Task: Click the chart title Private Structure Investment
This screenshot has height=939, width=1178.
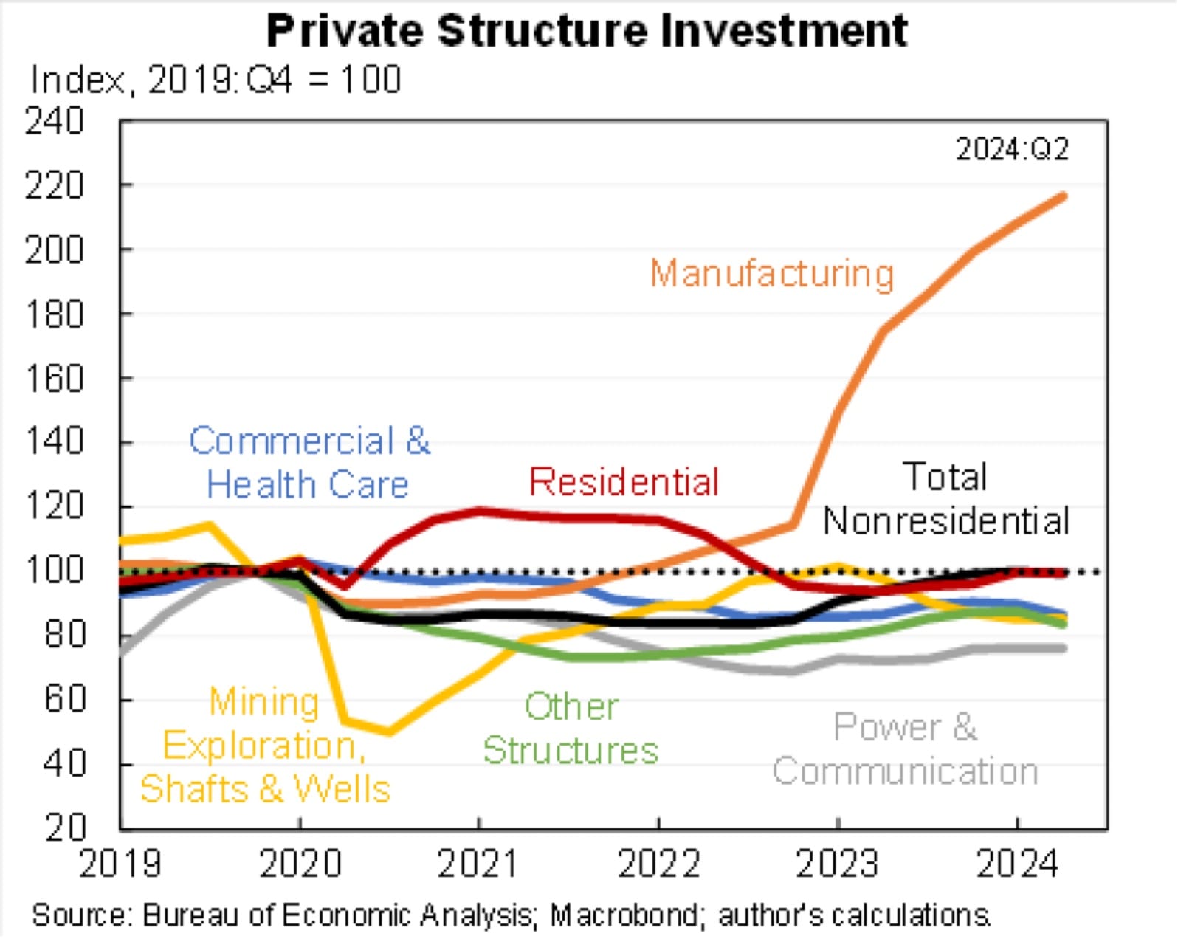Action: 587,31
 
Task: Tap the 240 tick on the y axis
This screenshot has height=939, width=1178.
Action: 54,121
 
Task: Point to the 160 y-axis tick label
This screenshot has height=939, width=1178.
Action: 54,379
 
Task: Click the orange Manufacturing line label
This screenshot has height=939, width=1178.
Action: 772,274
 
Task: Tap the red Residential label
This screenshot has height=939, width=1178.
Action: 624,482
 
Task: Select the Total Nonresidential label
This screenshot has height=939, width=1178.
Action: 946,499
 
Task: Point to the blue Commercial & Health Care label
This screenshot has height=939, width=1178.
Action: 309,463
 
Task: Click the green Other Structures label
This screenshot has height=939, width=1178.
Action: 571,729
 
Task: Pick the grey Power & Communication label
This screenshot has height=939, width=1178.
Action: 906,749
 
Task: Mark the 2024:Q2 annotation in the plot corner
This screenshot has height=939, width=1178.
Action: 1012,150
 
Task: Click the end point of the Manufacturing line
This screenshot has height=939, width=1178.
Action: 1064,196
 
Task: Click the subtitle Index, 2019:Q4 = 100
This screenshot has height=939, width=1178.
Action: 216,80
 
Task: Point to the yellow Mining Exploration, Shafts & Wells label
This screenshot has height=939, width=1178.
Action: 264,746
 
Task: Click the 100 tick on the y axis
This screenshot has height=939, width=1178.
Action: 54,571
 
